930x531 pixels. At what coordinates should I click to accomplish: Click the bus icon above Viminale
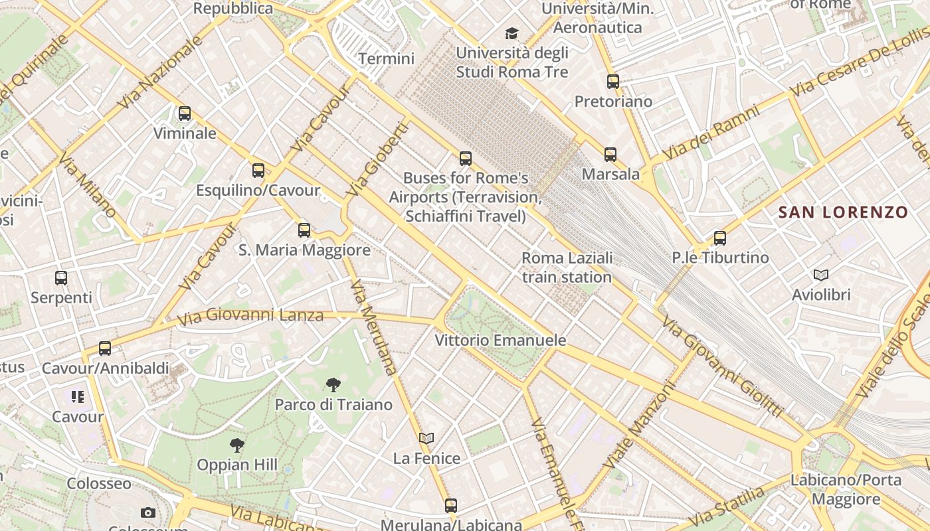pos(185,114)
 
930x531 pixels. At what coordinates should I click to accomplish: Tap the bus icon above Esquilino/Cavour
pos(258,171)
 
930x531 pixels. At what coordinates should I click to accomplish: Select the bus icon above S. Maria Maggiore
pos(304,230)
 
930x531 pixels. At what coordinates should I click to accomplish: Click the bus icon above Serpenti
pos(61,278)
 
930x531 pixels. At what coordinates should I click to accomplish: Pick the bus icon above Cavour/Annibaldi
pos(105,348)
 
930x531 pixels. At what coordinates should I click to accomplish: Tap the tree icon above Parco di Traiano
pos(333,384)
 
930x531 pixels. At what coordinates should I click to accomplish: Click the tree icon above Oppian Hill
pos(237,445)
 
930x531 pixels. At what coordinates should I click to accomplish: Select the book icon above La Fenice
pos(426,438)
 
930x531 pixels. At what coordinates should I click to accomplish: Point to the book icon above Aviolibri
pos(821,275)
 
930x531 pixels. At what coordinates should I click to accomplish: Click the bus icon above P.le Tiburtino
pos(720,238)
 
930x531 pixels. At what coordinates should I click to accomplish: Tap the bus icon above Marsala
pos(610,155)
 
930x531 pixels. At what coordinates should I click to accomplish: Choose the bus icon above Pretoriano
pos(613,82)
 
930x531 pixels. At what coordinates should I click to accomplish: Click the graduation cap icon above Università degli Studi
pos(511,33)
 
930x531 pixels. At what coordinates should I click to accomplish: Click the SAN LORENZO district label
pos(843,212)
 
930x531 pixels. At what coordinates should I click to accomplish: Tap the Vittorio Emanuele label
pos(500,341)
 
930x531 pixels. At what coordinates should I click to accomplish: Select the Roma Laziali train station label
pos(567,267)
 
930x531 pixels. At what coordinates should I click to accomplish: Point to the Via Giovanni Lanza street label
pos(250,315)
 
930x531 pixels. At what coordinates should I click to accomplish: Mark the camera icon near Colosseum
pos(148,512)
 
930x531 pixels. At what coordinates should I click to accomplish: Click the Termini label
pos(386,58)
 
